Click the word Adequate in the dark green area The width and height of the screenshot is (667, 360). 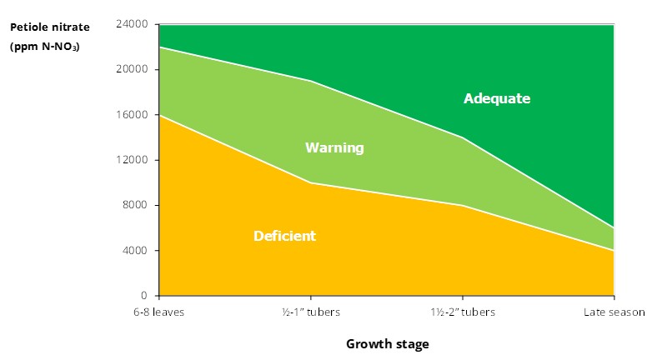(x=497, y=98)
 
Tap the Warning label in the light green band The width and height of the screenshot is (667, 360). (x=334, y=147)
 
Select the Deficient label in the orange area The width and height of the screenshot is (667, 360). (x=284, y=236)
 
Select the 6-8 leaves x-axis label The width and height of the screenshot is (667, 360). (x=159, y=312)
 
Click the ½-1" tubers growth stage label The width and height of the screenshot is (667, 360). (x=311, y=312)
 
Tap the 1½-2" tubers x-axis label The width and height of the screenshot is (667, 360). (x=463, y=312)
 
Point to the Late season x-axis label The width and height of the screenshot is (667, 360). (x=614, y=312)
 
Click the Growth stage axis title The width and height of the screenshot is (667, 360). (x=387, y=343)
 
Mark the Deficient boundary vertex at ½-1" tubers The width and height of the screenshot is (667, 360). (x=311, y=182)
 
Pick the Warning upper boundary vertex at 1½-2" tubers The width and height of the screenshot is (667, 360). (x=463, y=137)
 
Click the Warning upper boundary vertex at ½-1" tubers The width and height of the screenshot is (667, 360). (x=311, y=81)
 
